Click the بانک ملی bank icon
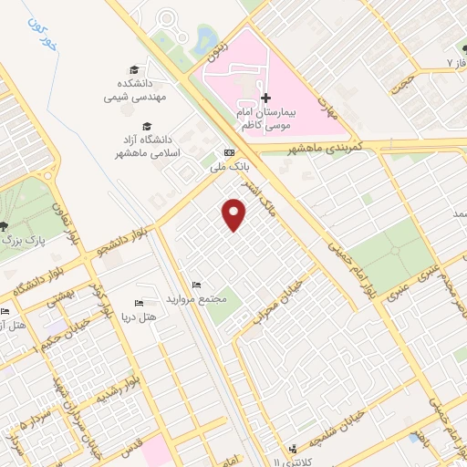click(x=229, y=152)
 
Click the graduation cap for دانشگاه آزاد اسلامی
click(x=147, y=127)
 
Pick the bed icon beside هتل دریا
click(x=139, y=303)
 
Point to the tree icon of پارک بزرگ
click(x=5, y=225)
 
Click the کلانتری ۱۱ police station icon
click(x=293, y=448)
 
